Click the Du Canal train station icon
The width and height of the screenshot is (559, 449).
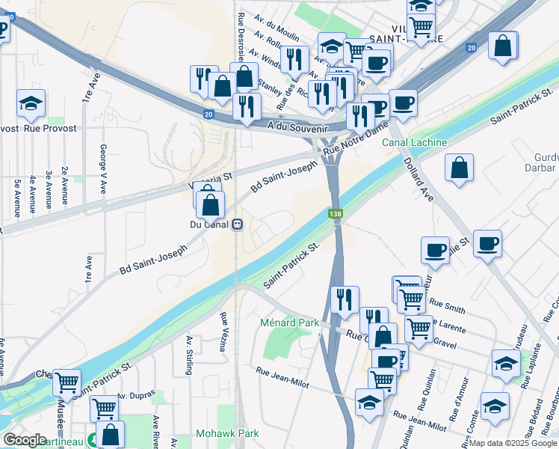coord(237,223)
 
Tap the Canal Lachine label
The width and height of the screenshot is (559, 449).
coord(415,142)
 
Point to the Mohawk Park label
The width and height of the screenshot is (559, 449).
coord(227,433)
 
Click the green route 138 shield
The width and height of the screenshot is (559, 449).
coord(336,215)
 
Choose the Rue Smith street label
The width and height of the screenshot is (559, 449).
coord(447,306)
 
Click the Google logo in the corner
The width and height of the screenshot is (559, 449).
coord(24,440)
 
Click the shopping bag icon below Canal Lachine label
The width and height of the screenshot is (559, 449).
coord(460,168)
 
